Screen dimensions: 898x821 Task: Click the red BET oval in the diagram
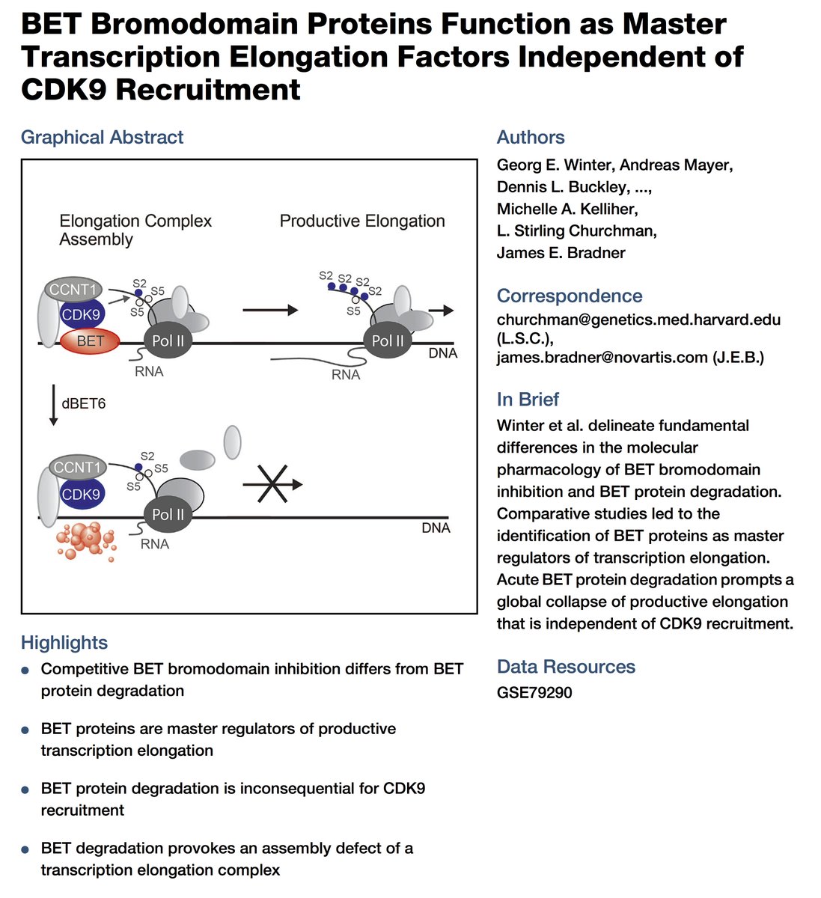(90, 342)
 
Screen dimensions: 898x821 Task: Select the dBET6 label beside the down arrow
(84, 403)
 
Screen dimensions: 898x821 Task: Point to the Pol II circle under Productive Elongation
(387, 340)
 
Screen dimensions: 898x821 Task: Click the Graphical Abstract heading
(102, 137)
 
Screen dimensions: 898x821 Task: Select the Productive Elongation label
(362, 221)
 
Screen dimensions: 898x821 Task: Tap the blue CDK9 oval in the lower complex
(81, 495)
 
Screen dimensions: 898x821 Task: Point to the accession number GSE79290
(534, 692)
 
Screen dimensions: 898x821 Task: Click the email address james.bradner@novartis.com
(602, 357)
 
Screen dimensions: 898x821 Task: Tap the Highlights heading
(64, 642)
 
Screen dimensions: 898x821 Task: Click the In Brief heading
(528, 399)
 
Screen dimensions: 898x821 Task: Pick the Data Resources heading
(566, 666)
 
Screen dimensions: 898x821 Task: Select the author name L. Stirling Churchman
(576, 230)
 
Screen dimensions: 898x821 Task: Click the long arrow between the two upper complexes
(270, 310)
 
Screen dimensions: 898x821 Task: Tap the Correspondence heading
(570, 296)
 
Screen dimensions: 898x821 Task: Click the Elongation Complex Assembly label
(135, 230)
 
